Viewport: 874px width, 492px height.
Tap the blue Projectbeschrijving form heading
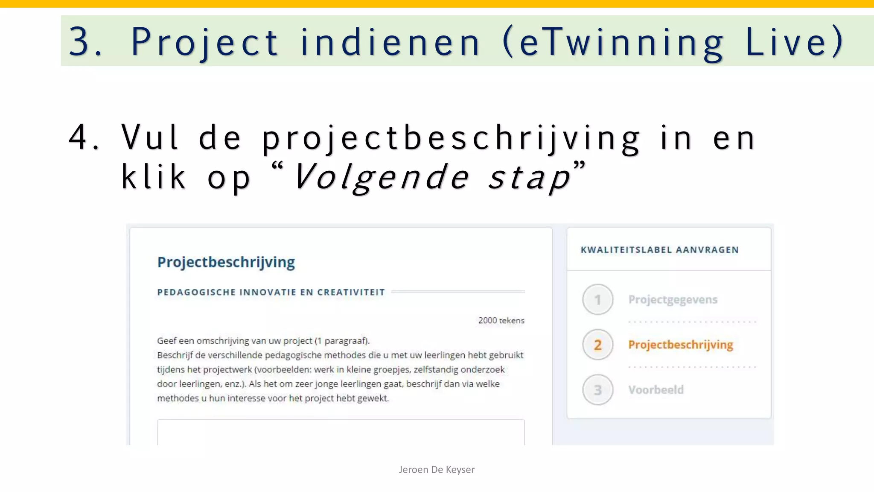pyautogui.click(x=226, y=262)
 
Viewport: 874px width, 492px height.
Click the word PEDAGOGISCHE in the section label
pyautogui.click(x=196, y=292)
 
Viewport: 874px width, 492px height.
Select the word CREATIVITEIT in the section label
pyautogui.click(x=351, y=292)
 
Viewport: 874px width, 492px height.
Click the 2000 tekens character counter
pyautogui.click(x=501, y=320)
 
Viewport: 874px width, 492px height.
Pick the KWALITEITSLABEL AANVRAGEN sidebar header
pyautogui.click(x=659, y=250)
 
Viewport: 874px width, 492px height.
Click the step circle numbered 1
pyautogui.click(x=597, y=299)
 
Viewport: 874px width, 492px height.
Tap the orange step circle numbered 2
pyautogui.click(x=597, y=345)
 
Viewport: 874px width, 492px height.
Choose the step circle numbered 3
pyautogui.click(x=597, y=390)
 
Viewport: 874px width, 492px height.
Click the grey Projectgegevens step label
pyautogui.click(x=673, y=299)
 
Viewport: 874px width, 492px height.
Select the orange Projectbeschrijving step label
pyautogui.click(x=680, y=345)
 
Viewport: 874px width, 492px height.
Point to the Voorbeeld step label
pyautogui.click(x=656, y=390)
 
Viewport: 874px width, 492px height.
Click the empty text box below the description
pyautogui.click(x=341, y=432)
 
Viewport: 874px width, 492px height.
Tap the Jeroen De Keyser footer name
pyautogui.click(x=437, y=469)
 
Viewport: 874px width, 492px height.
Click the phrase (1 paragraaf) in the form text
pyautogui.click(x=342, y=341)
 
